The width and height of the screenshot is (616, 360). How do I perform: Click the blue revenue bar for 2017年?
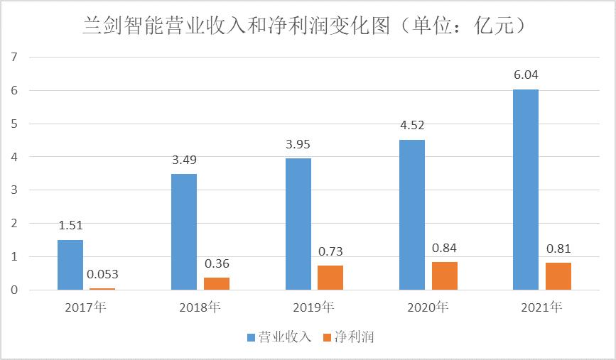tap(70, 265)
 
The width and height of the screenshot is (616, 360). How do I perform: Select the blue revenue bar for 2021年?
tap(526, 190)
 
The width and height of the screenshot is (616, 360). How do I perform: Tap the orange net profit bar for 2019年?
tap(330, 278)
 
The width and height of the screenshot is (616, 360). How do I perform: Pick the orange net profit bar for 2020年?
tap(445, 276)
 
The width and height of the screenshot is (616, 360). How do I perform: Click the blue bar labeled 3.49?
tap(184, 231)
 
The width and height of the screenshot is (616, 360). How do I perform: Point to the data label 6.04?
tap(526, 75)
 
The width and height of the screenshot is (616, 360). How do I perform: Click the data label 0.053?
tap(102, 275)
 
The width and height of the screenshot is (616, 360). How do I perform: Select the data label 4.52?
tap(412, 126)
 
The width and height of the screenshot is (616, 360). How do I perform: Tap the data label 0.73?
tap(330, 251)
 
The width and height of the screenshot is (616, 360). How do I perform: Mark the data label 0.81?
tap(558, 249)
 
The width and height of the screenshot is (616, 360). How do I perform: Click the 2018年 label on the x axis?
tap(200, 308)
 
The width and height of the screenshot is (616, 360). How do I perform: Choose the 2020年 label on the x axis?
tap(428, 308)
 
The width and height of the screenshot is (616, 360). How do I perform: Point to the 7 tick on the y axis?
tap(13, 57)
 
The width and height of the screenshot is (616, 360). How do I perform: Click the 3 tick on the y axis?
tap(13, 190)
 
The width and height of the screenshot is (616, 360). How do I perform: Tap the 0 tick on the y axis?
tap(13, 290)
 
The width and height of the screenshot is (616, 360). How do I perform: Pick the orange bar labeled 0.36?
tap(217, 283)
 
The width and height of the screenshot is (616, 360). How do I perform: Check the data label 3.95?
tap(298, 144)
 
